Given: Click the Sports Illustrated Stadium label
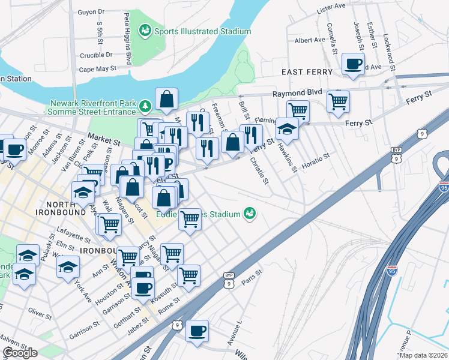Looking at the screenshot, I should (202, 31).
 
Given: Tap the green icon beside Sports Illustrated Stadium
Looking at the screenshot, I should (145, 30).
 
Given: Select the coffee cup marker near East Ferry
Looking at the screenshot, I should (353, 64).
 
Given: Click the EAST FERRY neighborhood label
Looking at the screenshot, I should (307, 72).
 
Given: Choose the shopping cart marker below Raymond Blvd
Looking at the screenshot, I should (339, 101).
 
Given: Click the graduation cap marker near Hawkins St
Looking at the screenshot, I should (287, 129).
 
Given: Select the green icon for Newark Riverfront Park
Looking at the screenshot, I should (145, 107).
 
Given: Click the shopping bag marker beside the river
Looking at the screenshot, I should (166, 100).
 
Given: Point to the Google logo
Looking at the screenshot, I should (20, 353).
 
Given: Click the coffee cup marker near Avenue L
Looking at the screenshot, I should (196, 331).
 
